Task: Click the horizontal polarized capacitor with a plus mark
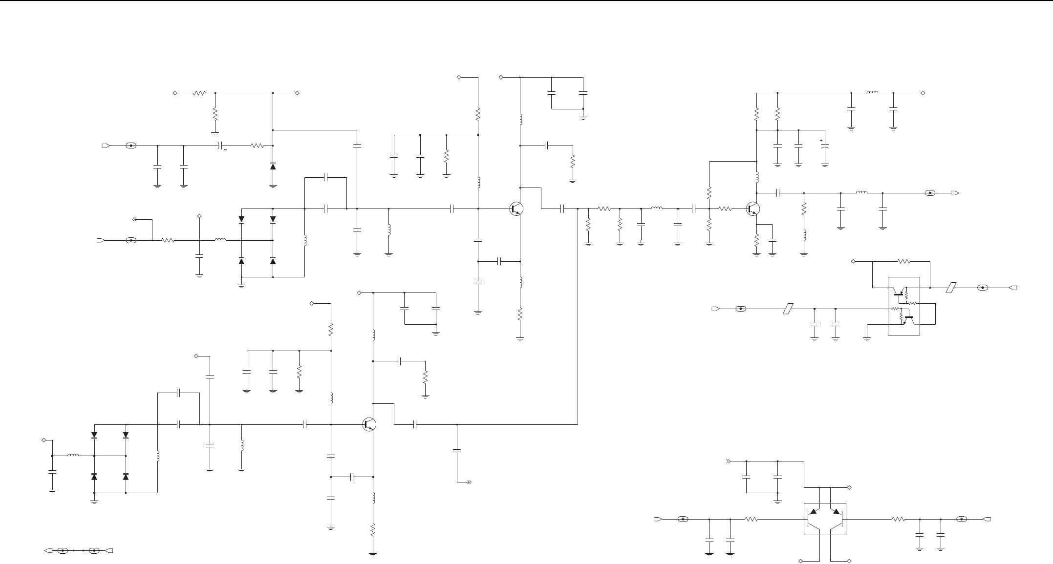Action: (x=221, y=146)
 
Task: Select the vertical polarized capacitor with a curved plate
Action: (x=825, y=146)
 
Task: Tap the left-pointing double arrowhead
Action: (x=136, y=219)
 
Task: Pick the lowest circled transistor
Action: (x=370, y=425)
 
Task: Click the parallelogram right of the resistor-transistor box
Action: (x=950, y=288)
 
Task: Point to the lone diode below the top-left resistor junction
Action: (x=273, y=167)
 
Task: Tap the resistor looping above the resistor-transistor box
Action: (x=904, y=261)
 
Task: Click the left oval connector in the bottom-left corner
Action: (x=63, y=551)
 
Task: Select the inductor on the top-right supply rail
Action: (x=872, y=92)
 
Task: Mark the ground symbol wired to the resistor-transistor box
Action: (x=867, y=337)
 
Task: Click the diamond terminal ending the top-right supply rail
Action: (x=923, y=93)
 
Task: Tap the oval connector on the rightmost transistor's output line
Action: (x=930, y=193)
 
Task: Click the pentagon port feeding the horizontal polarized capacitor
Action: (x=105, y=146)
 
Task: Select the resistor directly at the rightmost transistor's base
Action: (x=725, y=209)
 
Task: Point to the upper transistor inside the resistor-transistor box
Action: (x=898, y=294)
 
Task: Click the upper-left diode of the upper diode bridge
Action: (x=241, y=220)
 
